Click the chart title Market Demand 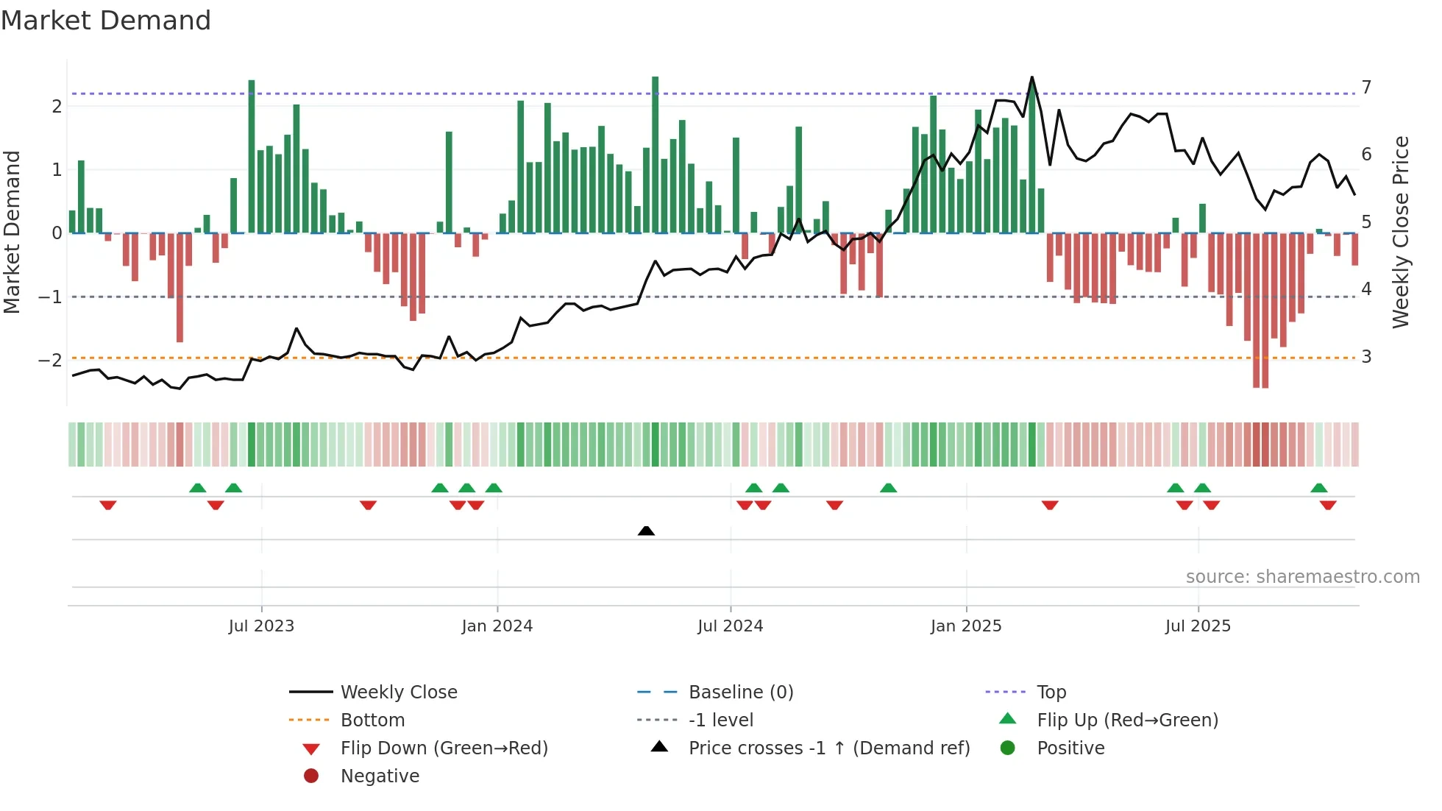click(x=106, y=20)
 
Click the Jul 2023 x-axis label click(x=261, y=626)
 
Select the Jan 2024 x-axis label click(x=497, y=626)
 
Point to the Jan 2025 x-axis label click(x=965, y=626)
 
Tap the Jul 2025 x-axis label click(x=1198, y=626)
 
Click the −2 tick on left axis click(x=50, y=360)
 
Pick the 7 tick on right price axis click(x=1366, y=87)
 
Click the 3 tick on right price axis click(x=1366, y=357)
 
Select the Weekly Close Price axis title click(x=1401, y=232)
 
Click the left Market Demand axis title click(x=13, y=232)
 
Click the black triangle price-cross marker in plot click(x=646, y=531)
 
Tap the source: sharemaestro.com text click(x=1302, y=576)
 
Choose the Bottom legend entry click(x=372, y=720)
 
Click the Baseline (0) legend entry click(x=740, y=692)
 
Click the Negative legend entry click(x=380, y=776)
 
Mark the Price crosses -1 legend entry click(x=828, y=748)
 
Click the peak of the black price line click(x=1031, y=77)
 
